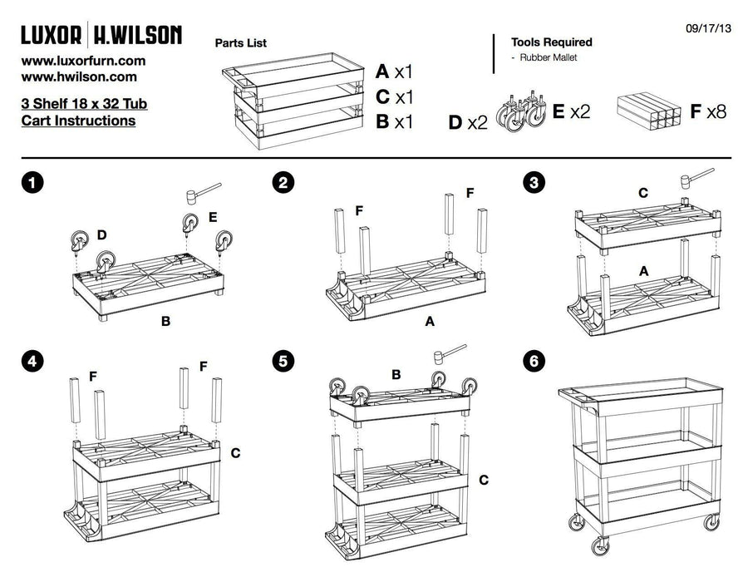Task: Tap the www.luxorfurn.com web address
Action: [x=83, y=61]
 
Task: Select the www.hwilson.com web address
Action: [x=79, y=76]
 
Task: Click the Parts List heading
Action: [x=241, y=42]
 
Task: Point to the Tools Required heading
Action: [x=551, y=42]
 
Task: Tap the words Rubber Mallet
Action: [x=549, y=57]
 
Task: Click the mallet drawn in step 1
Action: [x=201, y=192]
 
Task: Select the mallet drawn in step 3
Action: [x=696, y=177]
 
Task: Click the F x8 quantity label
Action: [x=707, y=111]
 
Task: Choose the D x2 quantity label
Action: [x=468, y=123]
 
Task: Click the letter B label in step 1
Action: [x=165, y=320]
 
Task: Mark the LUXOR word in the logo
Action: [x=52, y=35]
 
